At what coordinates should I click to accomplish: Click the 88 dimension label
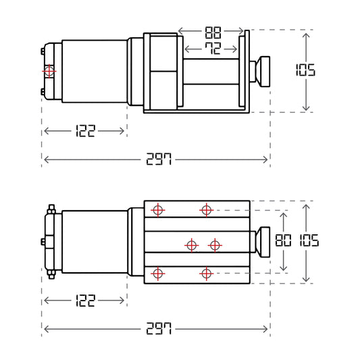[213, 32]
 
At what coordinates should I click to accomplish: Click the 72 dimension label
[213, 49]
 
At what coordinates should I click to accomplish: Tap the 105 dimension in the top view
[305, 70]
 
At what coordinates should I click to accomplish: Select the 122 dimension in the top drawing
[85, 131]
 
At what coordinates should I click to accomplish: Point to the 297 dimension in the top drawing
[159, 159]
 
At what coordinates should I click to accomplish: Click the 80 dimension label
[283, 240]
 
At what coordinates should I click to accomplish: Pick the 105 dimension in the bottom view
[309, 240]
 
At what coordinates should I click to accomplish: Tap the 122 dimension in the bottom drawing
[85, 301]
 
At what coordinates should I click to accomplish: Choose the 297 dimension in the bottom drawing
[159, 328]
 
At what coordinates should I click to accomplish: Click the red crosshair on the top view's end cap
[49, 71]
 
